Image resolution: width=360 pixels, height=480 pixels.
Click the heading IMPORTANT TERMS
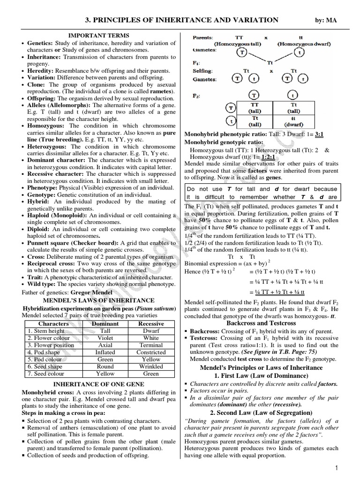point(99,35)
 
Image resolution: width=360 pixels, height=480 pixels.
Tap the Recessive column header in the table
point(151,323)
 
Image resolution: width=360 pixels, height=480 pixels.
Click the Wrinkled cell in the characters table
point(151,367)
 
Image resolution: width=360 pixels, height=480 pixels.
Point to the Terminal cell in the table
point(151,345)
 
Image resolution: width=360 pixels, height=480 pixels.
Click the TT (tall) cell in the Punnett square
point(255,108)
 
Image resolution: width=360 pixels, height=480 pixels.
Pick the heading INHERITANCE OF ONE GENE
point(99,382)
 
